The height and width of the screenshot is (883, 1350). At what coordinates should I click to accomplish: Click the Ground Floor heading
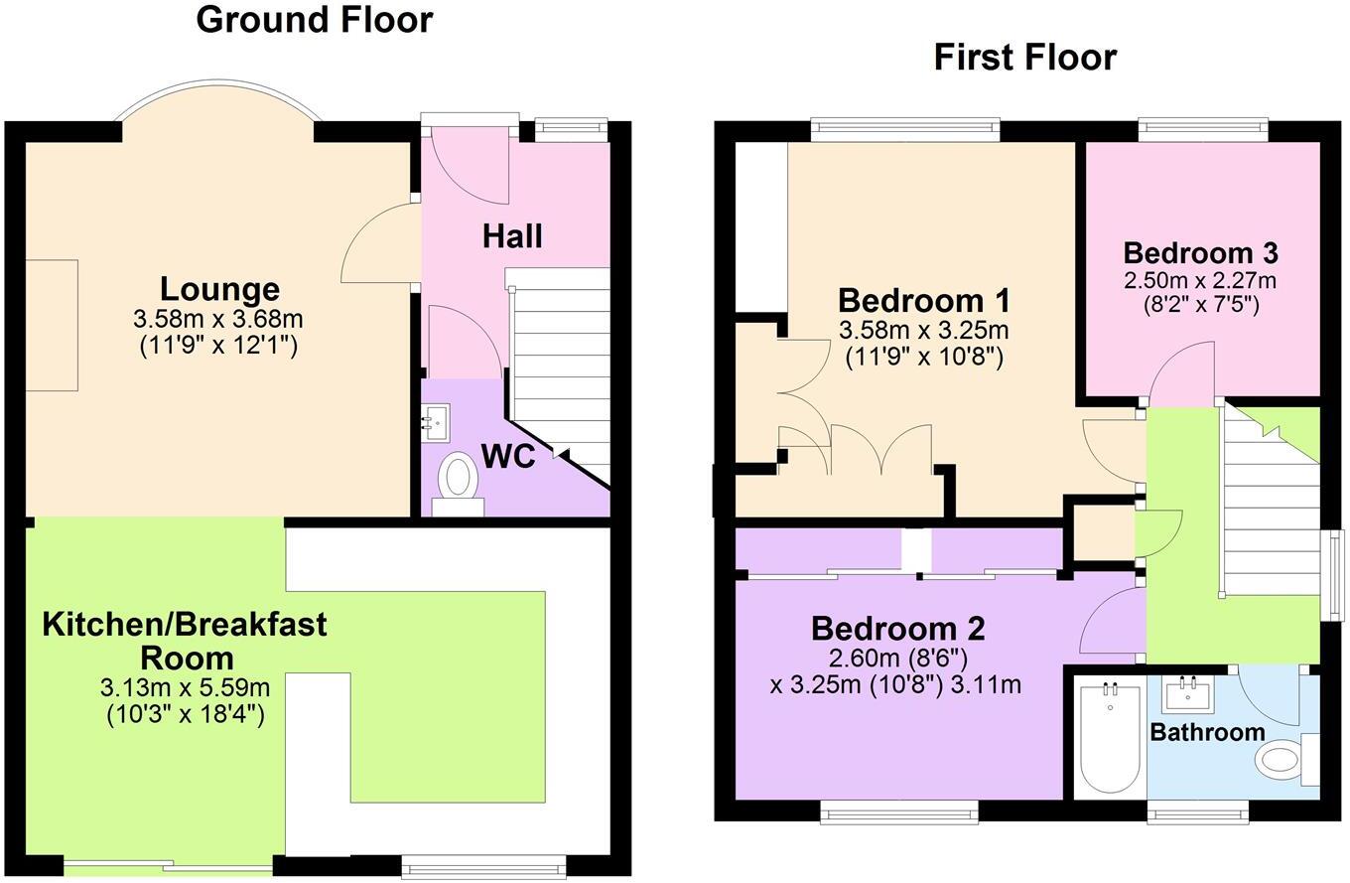(314, 20)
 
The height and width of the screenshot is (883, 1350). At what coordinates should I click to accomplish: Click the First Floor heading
(1024, 58)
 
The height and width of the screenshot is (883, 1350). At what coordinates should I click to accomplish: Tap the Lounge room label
(219, 290)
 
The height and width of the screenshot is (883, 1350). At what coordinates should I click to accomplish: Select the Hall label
(512, 236)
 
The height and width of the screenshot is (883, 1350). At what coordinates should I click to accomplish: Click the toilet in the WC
(458, 478)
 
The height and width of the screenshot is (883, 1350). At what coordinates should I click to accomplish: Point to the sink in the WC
(436, 423)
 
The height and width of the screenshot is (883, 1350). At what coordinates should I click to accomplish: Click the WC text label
(507, 457)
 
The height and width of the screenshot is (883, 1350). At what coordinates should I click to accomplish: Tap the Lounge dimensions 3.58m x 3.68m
(217, 320)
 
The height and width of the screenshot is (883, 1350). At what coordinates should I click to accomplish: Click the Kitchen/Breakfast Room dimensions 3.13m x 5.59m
(185, 688)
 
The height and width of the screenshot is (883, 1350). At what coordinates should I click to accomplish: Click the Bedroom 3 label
(1199, 252)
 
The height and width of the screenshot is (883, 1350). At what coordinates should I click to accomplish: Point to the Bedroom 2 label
(897, 629)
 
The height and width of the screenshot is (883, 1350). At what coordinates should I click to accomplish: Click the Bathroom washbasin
(1186, 692)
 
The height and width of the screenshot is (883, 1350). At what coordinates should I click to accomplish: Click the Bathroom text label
(1206, 733)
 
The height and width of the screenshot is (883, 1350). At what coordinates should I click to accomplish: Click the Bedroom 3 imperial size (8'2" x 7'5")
(1199, 304)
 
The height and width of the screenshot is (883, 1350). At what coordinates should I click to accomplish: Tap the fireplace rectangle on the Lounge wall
(51, 326)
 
